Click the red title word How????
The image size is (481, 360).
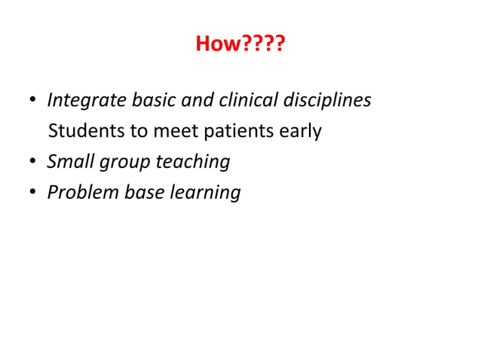tap(240, 44)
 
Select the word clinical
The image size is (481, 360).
tap(245, 100)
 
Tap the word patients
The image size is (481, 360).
tap(237, 132)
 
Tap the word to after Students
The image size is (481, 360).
tap(139, 131)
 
